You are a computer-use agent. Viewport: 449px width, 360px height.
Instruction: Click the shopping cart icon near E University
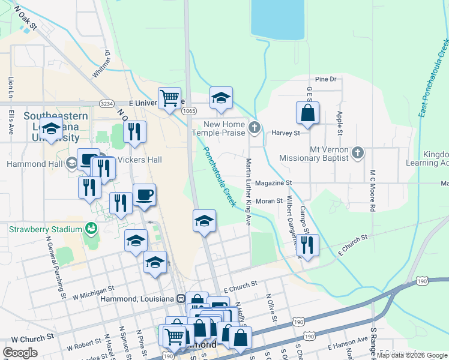point(170,98)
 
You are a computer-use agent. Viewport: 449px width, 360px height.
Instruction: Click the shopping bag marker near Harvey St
point(307,113)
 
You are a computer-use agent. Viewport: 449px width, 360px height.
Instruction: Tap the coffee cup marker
point(145,195)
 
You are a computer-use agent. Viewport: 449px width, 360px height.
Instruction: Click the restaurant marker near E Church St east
point(307,245)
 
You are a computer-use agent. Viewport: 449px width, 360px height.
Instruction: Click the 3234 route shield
point(107,103)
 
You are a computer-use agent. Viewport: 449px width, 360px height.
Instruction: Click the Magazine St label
point(273,182)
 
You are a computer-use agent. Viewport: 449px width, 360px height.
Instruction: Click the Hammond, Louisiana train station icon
point(180,298)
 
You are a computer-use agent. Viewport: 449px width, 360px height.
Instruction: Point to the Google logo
point(20,353)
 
